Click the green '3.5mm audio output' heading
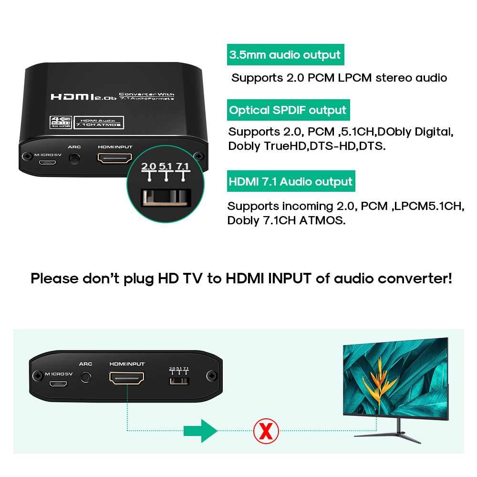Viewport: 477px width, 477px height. click(285, 55)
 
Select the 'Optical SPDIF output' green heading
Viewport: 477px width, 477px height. click(288, 110)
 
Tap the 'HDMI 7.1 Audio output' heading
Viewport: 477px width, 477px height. click(290, 182)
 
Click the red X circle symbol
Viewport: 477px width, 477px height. click(266, 431)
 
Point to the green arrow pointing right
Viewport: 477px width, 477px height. click(200, 431)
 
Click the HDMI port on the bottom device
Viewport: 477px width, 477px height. click(127, 379)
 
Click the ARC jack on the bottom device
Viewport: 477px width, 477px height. click(86, 377)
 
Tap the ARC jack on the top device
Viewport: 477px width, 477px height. click(74, 158)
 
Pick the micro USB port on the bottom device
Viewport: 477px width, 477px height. click(59, 383)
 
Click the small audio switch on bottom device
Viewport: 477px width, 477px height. click(179, 381)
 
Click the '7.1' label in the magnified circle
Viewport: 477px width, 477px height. click(183, 166)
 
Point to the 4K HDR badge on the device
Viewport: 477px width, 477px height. click(60, 122)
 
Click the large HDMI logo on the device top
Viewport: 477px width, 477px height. click(74, 96)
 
